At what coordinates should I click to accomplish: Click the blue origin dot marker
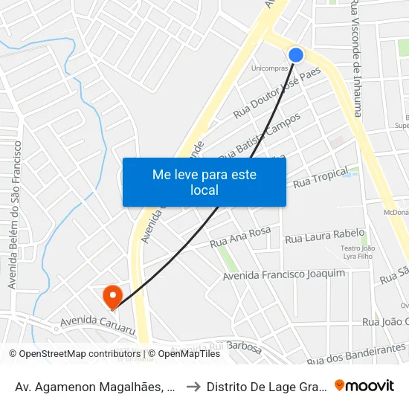click(x=296, y=55)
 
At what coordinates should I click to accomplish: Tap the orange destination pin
click(x=113, y=297)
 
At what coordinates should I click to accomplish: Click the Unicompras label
click(x=270, y=68)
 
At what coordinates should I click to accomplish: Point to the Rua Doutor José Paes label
click(x=277, y=93)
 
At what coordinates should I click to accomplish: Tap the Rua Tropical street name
click(x=321, y=178)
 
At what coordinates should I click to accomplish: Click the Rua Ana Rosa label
click(x=240, y=237)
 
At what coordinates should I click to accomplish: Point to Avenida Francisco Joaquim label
click(x=284, y=275)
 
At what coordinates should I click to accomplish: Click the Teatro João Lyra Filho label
click(x=358, y=253)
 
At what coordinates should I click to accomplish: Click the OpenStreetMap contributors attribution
click(x=74, y=354)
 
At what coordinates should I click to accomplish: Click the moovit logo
click(x=364, y=385)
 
